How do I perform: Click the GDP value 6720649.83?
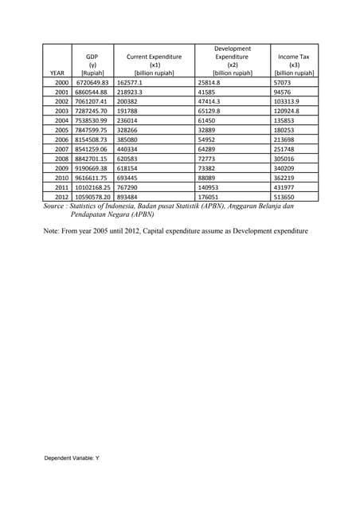[91, 83]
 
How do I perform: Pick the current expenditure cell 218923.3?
[133, 92]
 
